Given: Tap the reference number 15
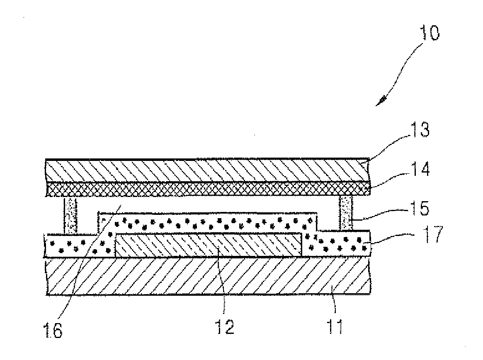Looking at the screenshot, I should coord(416,207).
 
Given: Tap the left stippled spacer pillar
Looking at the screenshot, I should coord(71,215).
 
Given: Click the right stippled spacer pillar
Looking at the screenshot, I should coord(345,213).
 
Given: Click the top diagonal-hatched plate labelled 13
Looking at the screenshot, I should coord(207,170).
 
